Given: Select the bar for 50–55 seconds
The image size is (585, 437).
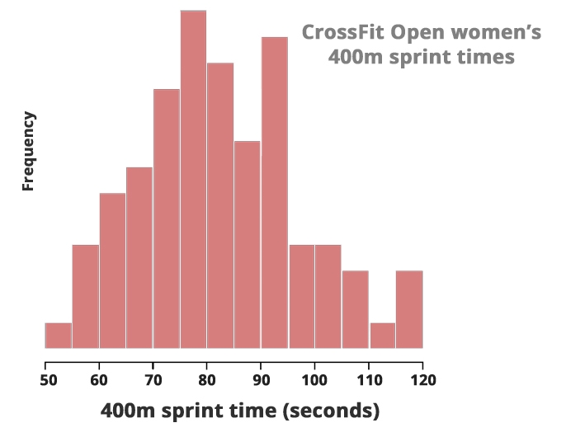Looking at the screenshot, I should click(58, 336).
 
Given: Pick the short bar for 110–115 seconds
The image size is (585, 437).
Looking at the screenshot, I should click(383, 336).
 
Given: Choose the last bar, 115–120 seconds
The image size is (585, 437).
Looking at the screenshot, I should click(409, 309).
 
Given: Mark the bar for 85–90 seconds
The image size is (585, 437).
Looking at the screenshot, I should click(248, 245).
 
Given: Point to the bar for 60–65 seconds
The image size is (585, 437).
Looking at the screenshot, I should click(112, 270).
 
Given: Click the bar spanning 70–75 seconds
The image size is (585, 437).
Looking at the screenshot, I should click(167, 218).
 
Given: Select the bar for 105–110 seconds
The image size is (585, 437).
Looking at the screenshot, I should click(356, 309).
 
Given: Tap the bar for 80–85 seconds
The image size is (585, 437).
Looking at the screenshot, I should click(220, 205).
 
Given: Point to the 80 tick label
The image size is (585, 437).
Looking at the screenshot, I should click(207, 380).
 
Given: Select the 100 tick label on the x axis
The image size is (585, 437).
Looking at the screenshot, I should click(314, 380).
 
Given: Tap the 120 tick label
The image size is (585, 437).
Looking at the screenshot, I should click(422, 380).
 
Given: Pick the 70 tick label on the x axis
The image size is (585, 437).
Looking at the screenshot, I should click(153, 380).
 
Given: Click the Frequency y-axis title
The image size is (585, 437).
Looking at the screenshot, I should click(28, 152).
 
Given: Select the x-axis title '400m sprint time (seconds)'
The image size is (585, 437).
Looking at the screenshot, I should click(240, 410).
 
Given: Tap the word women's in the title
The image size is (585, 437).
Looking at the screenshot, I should click(494, 33).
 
